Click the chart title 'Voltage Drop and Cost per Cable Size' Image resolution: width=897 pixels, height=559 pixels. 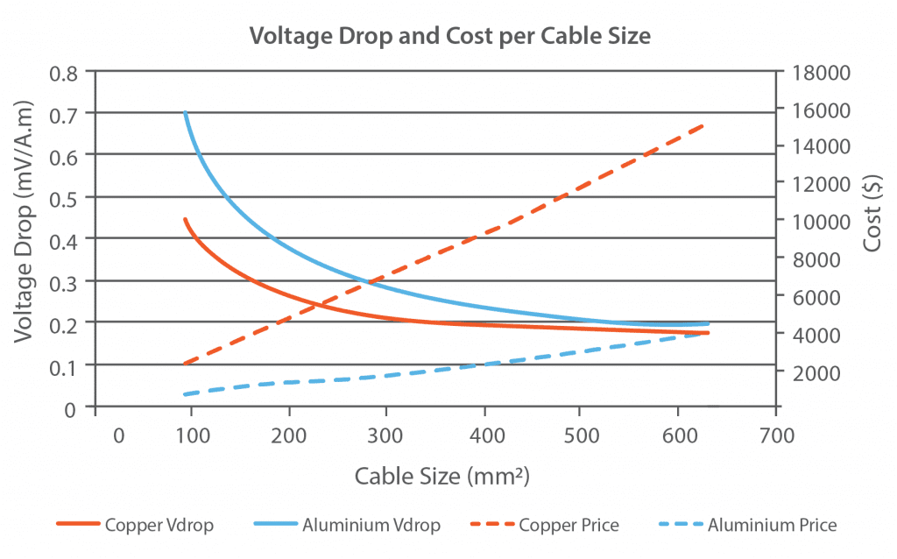pos(448,36)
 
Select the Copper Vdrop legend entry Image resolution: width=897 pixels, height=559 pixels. pos(135,526)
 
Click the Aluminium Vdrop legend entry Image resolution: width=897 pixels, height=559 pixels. pos(346,526)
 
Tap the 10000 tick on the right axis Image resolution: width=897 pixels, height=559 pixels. pos(816,221)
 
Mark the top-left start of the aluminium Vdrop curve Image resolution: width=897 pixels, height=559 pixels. pos(185,113)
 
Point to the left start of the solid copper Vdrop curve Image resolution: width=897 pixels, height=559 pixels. pos(185,219)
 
